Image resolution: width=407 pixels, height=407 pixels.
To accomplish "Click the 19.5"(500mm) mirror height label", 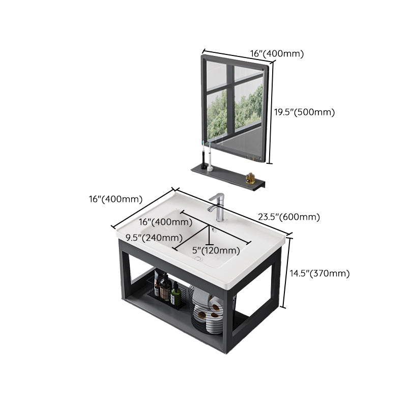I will (x=305, y=112).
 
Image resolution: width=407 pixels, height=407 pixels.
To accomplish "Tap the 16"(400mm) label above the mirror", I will (x=277, y=53).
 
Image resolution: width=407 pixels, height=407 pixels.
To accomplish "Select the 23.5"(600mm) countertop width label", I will (x=288, y=217).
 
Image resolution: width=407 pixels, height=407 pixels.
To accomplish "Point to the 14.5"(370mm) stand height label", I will (x=319, y=273).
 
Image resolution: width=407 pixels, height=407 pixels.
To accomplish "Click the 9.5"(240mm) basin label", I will (x=155, y=237).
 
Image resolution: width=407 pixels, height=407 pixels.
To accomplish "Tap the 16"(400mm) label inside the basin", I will (x=166, y=222).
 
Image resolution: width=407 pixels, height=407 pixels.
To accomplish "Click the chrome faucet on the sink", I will (x=218, y=206).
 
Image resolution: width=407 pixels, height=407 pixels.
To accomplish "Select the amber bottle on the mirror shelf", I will (x=250, y=178).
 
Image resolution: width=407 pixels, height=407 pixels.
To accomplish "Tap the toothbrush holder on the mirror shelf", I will (x=207, y=161).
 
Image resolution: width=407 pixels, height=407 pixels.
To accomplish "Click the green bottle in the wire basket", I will (x=175, y=295).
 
